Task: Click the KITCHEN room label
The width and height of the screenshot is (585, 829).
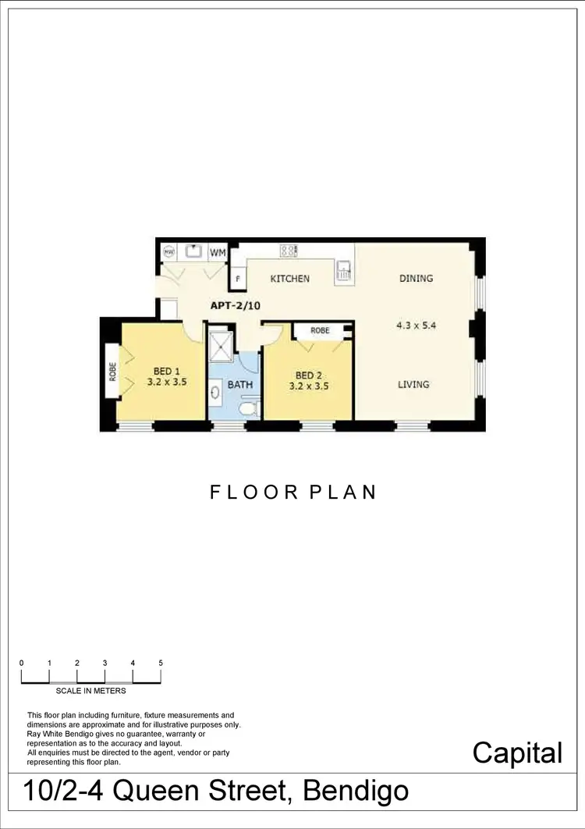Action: pyautogui.click(x=289, y=279)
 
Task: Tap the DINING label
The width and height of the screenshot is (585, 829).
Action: pyautogui.click(x=416, y=279)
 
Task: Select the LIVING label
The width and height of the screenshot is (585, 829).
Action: pyautogui.click(x=414, y=384)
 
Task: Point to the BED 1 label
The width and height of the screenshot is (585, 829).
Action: pyautogui.click(x=166, y=372)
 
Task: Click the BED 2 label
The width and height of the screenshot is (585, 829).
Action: pyautogui.click(x=308, y=375)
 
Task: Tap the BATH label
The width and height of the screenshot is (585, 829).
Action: pyautogui.click(x=240, y=385)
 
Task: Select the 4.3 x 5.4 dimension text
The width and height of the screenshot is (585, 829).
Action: pyautogui.click(x=416, y=326)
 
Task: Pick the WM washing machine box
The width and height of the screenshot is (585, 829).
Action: pyautogui.click(x=218, y=252)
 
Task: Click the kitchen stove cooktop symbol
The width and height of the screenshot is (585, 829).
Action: pyautogui.click(x=288, y=251)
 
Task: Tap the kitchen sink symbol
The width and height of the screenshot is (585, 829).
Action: pyautogui.click(x=344, y=270)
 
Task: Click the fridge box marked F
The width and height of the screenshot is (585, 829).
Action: pyautogui.click(x=236, y=279)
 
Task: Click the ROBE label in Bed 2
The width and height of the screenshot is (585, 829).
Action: pyautogui.click(x=320, y=331)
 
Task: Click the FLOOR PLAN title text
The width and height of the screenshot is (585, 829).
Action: pyautogui.click(x=293, y=493)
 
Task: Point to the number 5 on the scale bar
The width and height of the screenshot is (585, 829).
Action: pyautogui.click(x=161, y=663)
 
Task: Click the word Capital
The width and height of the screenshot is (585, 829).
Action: pyautogui.click(x=517, y=753)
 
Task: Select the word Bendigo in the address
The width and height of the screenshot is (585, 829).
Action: pyautogui.click(x=355, y=791)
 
